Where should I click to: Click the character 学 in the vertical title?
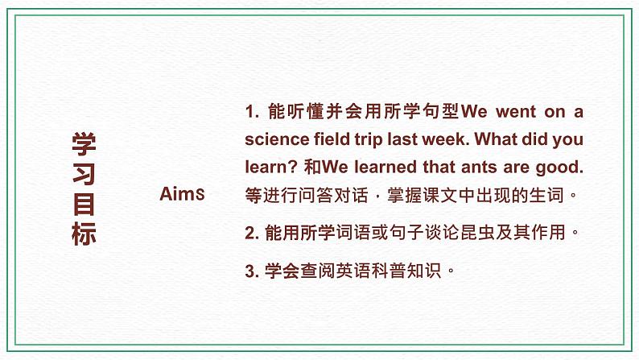pyautogui.click(x=84, y=145)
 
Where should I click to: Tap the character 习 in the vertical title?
pyautogui.click(x=84, y=175)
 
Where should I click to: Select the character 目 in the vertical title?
pyautogui.click(x=84, y=205)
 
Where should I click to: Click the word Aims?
pyautogui.click(x=182, y=194)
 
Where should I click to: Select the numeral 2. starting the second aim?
pyautogui.click(x=251, y=233)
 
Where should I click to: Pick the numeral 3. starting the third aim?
pyautogui.click(x=251, y=271)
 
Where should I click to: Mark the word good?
pyautogui.click(x=562, y=167)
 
